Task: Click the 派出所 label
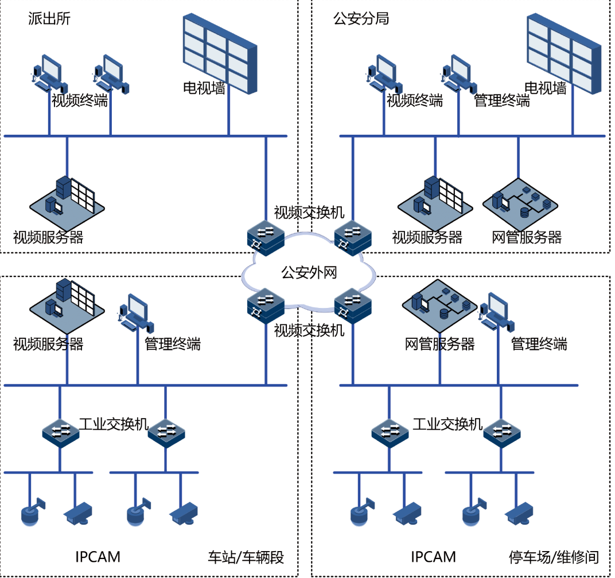tap(49, 18)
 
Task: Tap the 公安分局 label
tap(361, 18)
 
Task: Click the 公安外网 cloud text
tap(309, 272)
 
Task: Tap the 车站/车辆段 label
tap(246, 557)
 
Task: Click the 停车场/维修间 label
tap(554, 557)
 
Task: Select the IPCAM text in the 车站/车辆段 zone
tap(98, 556)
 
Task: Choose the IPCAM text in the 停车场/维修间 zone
tap(433, 556)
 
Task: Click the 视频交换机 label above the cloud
tap(309, 212)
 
